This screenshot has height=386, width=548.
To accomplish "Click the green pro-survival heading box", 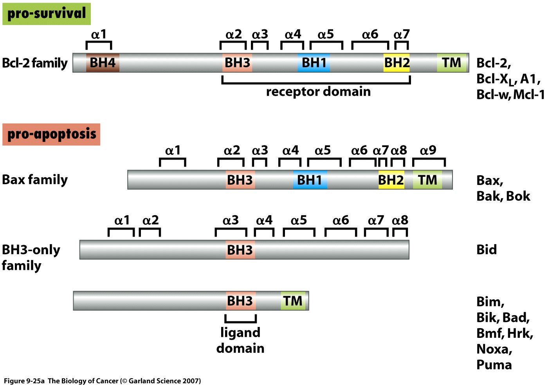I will pyautogui.click(x=46, y=14).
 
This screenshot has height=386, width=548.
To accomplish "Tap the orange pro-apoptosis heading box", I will pyautogui.click(x=51, y=134).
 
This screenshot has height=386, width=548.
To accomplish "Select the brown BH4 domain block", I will pyautogui.click(x=103, y=63).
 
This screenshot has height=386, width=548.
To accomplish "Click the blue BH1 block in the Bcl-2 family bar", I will pyautogui.click(x=314, y=63).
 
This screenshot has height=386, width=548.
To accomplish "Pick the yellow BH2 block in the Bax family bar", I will pyautogui.click(x=391, y=180).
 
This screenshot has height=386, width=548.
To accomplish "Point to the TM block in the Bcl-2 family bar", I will pyautogui.click(x=452, y=63).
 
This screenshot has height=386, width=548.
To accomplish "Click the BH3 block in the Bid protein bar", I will pyautogui.click(x=240, y=250).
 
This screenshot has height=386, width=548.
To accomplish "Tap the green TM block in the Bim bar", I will pyautogui.click(x=293, y=301).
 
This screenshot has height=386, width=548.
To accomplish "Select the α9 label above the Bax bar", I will pyautogui.click(x=428, y=150).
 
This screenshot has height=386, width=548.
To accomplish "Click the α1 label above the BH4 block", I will pyautogui.click(x=99, y=34).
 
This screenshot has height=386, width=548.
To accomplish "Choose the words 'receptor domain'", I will pyautogui.click(x=318, y=92).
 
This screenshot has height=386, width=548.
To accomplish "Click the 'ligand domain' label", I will pyautogui.click(x=240, y=340).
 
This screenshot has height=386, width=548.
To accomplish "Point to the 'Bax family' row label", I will pyautogui.click(x=35, y=180).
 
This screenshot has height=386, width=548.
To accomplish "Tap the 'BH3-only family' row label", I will pyautogui.click(x=31, y=257).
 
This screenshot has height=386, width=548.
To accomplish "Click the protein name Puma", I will pyautogui.click(x=494, y=364).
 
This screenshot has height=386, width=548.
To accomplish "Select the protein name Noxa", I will pyautogui.click(x=494, y=349).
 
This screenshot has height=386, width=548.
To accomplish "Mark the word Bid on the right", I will pyautogui.click(x=487, y=250).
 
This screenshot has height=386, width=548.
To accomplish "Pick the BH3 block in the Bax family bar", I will pyautogui.click(x=240, y=180).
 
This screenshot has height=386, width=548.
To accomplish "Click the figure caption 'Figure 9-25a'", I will pyautogui.click(x=24, y=381).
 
